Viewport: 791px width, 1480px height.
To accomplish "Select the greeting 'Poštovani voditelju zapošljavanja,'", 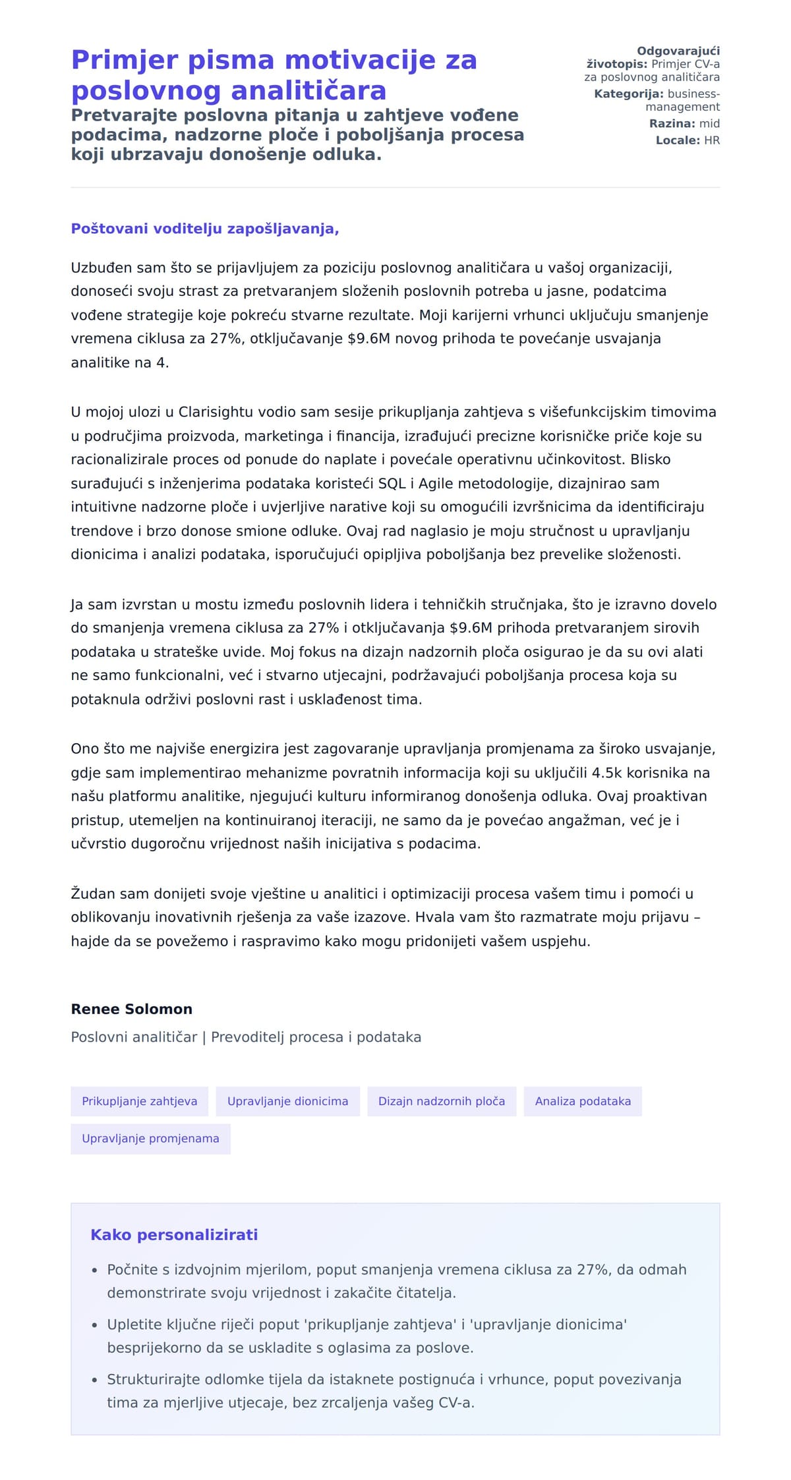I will click(204, 229).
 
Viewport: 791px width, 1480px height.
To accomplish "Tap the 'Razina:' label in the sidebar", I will click(672, 123).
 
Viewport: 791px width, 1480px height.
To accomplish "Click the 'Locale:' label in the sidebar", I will click(678, 140).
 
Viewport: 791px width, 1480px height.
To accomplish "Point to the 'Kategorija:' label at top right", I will click(628, 94).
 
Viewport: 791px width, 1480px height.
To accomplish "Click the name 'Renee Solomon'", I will click(131, 1009).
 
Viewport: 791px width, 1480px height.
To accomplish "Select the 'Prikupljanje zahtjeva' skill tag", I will click(139, 1101).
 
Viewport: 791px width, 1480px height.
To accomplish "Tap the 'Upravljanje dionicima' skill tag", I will click(287, 1101).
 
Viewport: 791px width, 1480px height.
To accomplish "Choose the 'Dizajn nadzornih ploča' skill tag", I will click(441, 1101).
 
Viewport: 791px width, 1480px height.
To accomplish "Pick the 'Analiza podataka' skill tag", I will click(583, 1101).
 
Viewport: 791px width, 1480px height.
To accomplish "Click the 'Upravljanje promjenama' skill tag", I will click(150, 1138).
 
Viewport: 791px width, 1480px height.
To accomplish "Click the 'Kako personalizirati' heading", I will click(174, 1235).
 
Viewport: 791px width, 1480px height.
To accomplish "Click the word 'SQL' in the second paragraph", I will click(392, 483).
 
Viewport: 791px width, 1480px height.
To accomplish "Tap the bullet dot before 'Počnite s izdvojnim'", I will click(94, 1270).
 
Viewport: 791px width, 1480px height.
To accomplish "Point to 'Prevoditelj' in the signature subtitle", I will click(247, 1037).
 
